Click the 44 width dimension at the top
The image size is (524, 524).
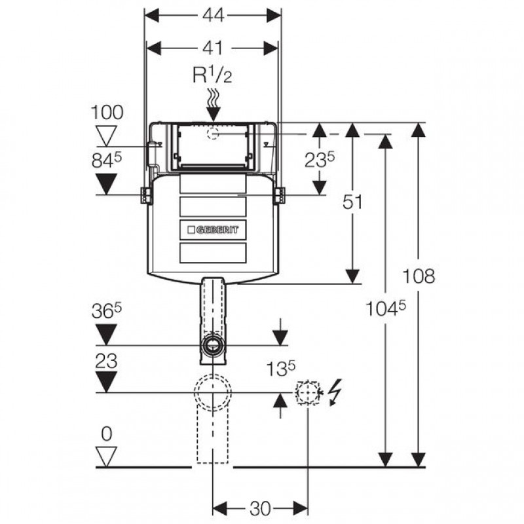[x=213, y=16]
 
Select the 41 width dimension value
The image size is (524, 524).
[x=212, y=48]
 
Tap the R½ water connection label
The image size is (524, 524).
[x=212, y=75]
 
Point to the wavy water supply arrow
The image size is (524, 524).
[x=212, y=105]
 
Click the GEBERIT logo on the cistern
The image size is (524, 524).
[x=213, y=230]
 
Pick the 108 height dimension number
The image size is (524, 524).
[x=419, y=276]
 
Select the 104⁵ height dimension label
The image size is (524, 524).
[x=385, y=308]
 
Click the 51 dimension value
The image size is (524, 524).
[x=352, y=202]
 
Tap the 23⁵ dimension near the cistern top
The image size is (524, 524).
[x=319, y=159]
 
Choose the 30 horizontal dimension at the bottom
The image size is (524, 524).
[x=260, y=509]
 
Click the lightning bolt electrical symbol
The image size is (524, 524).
[x=335, y=392]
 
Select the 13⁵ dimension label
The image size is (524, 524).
[x=280, y=369]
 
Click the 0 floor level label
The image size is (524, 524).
[x=106, y=434]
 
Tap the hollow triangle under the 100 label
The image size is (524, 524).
[x=106, y=136]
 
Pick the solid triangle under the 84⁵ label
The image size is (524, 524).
[x=106, y=184]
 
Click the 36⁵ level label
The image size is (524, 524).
[x=107, y=312]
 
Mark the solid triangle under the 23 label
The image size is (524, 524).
[x=106, y=382]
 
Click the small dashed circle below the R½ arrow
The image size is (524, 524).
[x=213, y=134]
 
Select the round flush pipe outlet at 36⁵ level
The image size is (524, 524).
[x=212, y=345]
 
